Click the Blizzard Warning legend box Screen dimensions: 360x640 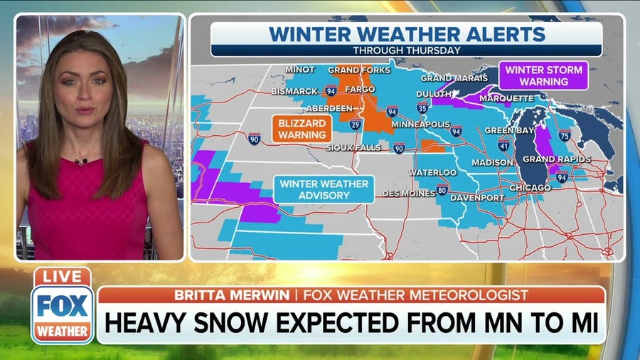[x=302, y=128]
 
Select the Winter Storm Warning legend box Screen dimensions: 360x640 [x=543, y=75]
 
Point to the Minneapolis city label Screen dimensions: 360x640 [x=420, y=125]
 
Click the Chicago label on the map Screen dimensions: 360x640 [x=530, y=187]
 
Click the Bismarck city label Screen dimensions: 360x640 [x=294, y=92]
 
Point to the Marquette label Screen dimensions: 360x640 [x=511, y=97]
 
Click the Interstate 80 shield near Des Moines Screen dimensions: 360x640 [x=442, y=189]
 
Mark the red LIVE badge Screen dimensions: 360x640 [x=62, y=277]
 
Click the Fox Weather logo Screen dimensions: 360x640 [x=63, y=313]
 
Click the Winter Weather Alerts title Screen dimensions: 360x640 [x=407, y=33]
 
